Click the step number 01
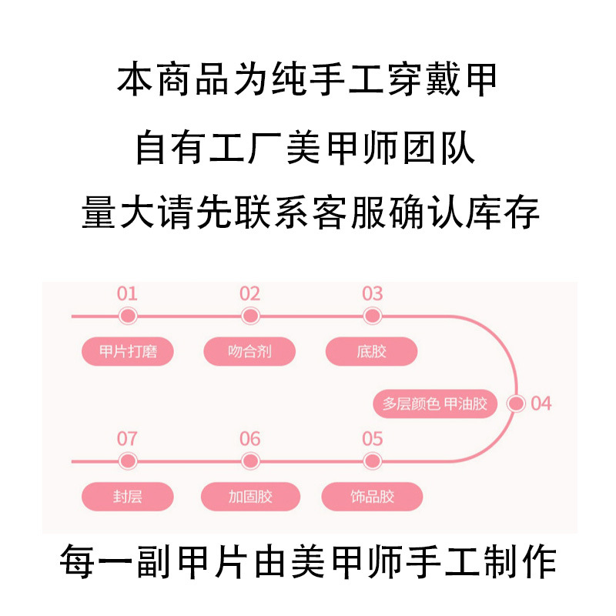pyautogui.click(x=127, y=293)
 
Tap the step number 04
pyautogui.click(x=541, y=403)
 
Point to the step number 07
pyautogui.click(x=127, y=439)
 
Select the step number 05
pyautogui.click(x=372, y=439)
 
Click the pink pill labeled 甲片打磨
pyautogui.click(x=128, y=352)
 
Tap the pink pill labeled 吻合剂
pyautogui.click(x=249, y=352)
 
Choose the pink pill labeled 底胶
pyautogui.click(x=371, y=352)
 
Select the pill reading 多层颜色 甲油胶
pyautogui.click(x=435, y=403)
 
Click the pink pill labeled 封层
pyautogui.click(x=128, y=497)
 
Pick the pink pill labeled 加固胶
pyautogui.click(x=249, y=497)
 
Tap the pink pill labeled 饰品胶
pyautogui.click(x=371, y=497)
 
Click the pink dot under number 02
pyautogui.click(x=249, y=316)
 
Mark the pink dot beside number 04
pyautogui.click(x=517, y=403)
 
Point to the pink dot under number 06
pyautogui.click(x=249, y=461)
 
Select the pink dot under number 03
pyautogui.click(x=372, y=316)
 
